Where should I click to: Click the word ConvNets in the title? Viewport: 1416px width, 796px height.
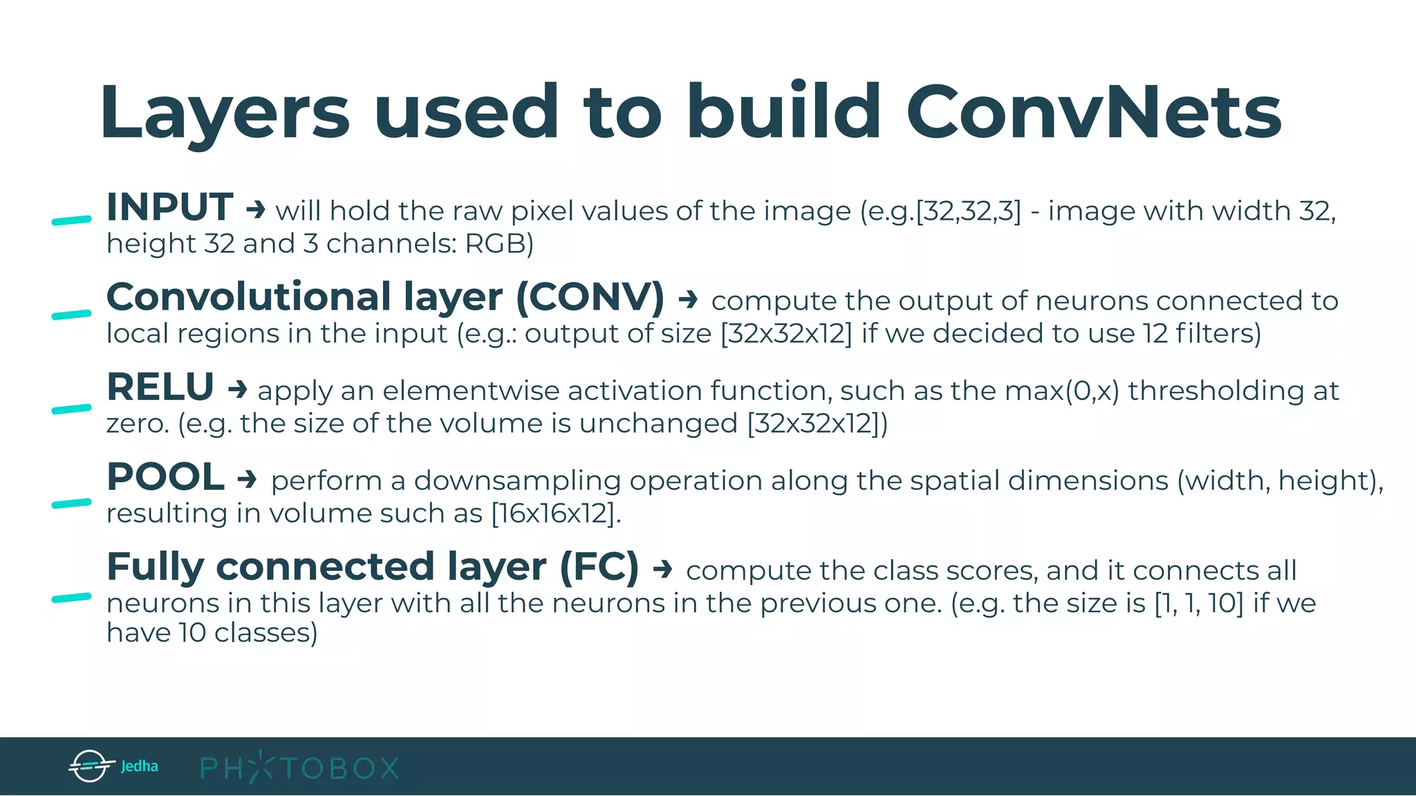coord(1094,112)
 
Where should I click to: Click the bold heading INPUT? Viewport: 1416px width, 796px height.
coord(169,207)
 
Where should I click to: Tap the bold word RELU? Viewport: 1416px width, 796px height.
coord(160,387)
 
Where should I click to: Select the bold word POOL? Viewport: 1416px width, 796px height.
coord(165,477)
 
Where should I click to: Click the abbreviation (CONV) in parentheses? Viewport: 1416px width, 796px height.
coord(590,298)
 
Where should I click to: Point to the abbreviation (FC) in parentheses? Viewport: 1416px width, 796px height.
coord(599,567)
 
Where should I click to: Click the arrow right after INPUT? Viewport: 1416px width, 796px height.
coord(256,209)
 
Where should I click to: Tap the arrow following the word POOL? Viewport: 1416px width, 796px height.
coord(247,478)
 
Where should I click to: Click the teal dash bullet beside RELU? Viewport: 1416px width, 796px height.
coord(71,409)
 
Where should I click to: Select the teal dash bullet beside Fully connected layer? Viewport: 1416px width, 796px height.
coord(71,598)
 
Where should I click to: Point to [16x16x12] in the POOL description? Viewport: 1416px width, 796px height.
coord(553,514)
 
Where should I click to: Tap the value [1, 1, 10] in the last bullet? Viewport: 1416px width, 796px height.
coord(1199,604)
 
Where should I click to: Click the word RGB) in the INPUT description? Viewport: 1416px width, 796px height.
coord(499,244)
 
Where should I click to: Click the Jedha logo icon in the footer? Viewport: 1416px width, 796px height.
coord(91,766)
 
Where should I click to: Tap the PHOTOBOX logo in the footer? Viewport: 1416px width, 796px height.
coord(299,768)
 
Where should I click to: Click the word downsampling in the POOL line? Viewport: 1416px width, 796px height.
coord(516,481)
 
